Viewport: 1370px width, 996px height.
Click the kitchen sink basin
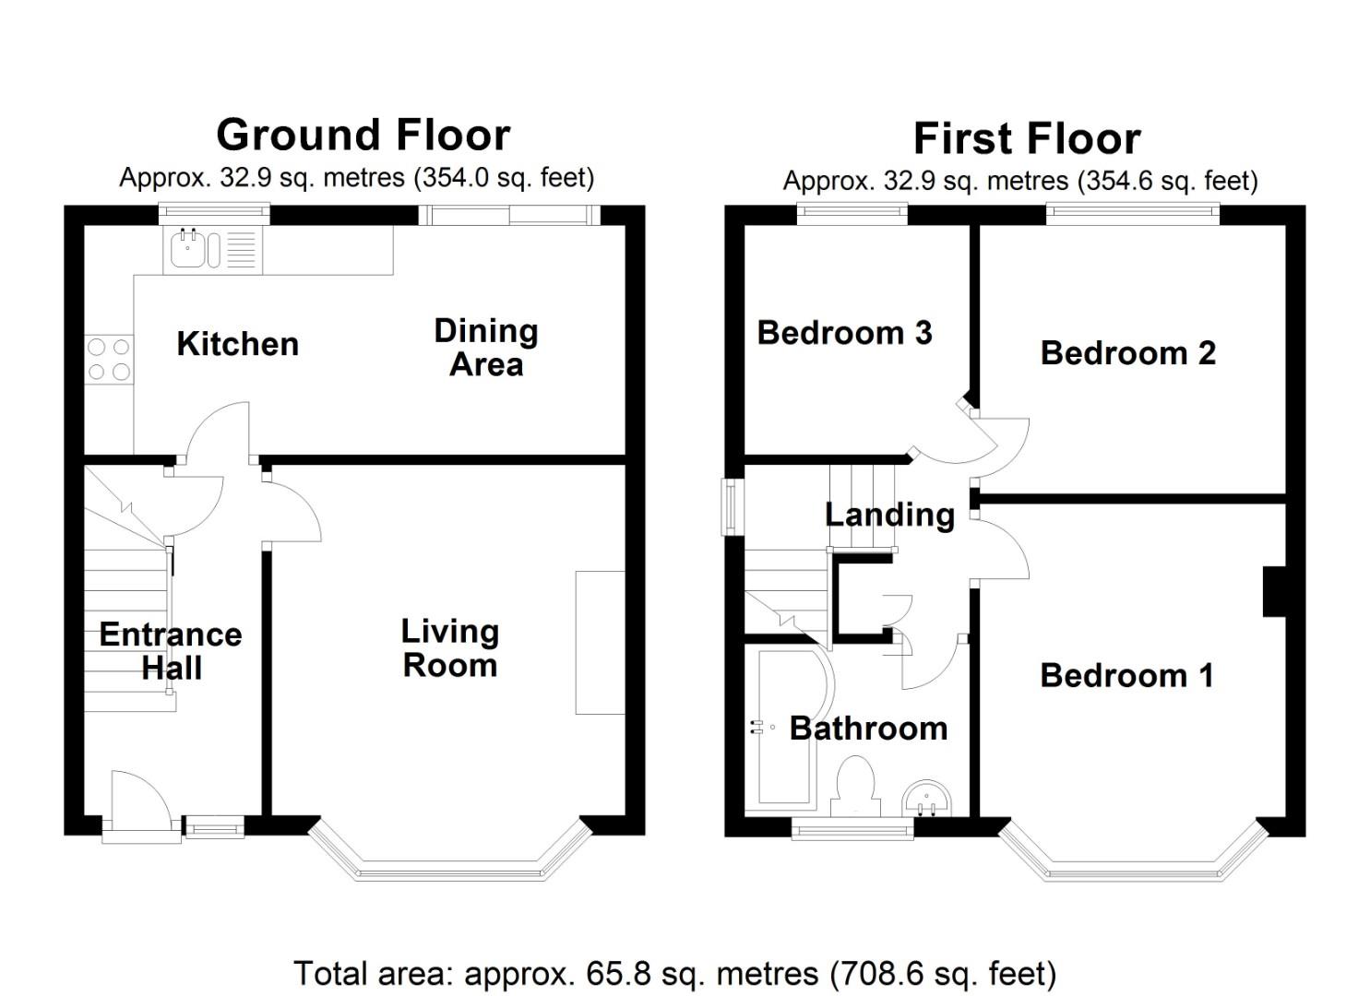(188, 249)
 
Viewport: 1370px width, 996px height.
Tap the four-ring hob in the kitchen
(109, 359)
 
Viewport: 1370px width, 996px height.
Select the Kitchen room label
(238, 344)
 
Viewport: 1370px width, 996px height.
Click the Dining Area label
(486, 348)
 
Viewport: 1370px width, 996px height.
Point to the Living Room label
(450, 648)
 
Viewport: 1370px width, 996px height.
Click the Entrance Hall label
(171, 650)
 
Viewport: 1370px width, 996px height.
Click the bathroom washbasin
(927, 798)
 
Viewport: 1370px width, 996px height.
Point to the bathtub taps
(758, 727)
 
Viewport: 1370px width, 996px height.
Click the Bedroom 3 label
(845, 333)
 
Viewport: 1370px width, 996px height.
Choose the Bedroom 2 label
(1127, 353)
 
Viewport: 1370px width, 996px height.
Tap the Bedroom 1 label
(1126, 676)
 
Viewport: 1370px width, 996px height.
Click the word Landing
(889, 515)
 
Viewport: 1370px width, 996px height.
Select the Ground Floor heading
(363, 135)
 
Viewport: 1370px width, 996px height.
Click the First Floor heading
(1027, 138)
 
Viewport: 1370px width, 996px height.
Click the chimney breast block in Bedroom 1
(1275, 592)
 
